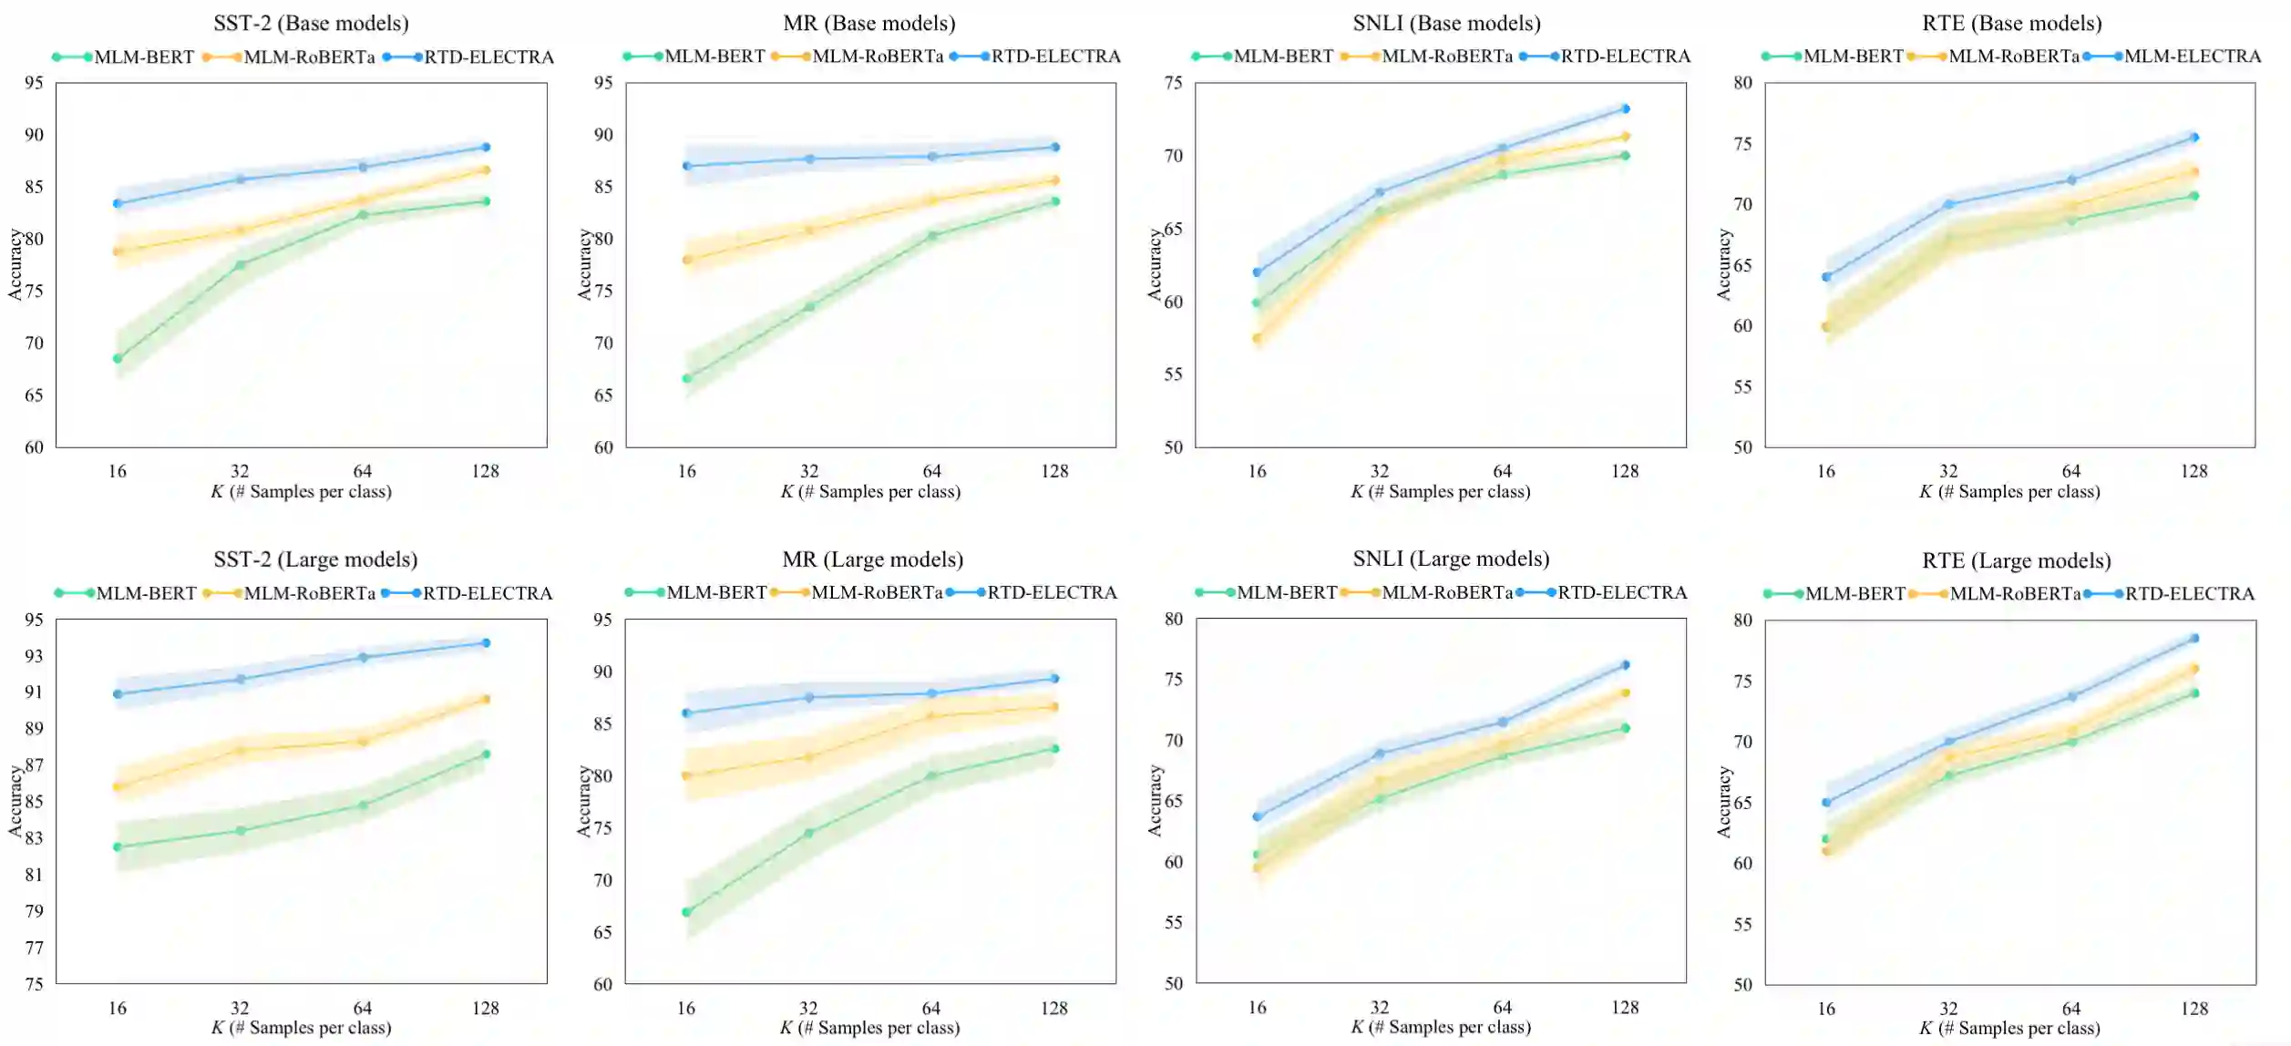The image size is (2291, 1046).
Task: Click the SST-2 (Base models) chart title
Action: click(311, 23)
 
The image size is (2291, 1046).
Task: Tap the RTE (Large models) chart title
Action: click(2016, 560)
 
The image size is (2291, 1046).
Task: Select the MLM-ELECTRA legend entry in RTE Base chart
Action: click(2192, 56)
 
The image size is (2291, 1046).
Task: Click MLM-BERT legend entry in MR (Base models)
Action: click(714, 56)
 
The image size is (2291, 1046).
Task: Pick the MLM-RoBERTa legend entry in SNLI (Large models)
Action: click(1446, 593)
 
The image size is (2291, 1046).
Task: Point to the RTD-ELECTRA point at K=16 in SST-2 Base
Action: click(118, 203)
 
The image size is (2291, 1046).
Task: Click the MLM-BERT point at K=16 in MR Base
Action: click(687, 378)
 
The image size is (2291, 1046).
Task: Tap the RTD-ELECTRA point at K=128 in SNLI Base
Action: click(1625, 108)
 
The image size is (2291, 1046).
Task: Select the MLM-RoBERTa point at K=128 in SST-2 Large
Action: click(486, 699)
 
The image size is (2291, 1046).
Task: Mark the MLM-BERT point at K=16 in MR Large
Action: click(687, 912)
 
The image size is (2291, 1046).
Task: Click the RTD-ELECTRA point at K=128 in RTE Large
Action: click(2194, 638)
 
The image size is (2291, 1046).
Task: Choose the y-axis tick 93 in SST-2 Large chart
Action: click(34, 656)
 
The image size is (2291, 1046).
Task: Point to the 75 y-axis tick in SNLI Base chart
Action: click(1173, 83)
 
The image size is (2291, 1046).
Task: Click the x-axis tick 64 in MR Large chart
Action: click(930, 1008)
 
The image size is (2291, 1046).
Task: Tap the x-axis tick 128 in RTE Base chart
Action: click(2194, 471)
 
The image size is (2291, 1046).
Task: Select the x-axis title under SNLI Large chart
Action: click(1440, 1028)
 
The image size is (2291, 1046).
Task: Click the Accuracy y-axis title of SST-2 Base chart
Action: click(15, 264)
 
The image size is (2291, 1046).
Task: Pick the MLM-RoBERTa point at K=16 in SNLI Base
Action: click(1257, 338)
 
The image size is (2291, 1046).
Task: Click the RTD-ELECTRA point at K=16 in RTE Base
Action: click(1826, 277)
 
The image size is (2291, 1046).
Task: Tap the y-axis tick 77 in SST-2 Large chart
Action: click(34, 948)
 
